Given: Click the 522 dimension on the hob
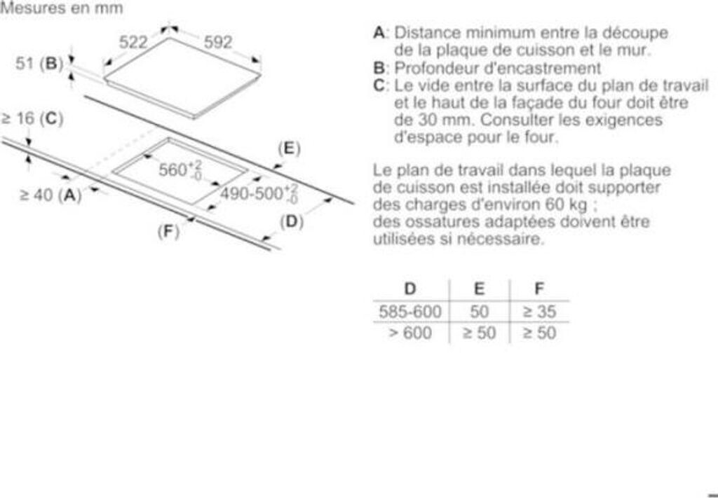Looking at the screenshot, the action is tap(133, 42).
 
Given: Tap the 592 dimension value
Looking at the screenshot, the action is tap(217, 42).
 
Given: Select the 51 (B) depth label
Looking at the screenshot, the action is tap(40, 64).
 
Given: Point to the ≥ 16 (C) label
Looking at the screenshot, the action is tap(32, 118).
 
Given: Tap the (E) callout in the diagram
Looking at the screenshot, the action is tap(288, 148).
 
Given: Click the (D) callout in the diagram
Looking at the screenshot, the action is tap(291, 222).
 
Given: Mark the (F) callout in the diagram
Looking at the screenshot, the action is tap(168, 230).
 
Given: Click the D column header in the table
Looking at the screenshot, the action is tap(410, 289).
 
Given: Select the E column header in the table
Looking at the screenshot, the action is tap(479, 289).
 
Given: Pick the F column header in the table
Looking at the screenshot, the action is tap(539, 289).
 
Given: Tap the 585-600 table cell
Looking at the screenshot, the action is tap(410, 312).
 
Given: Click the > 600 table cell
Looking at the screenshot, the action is tap(410, 333).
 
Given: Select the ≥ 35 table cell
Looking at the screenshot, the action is tap(539, 312).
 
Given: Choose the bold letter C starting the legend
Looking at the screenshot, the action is tap(379, 85).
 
